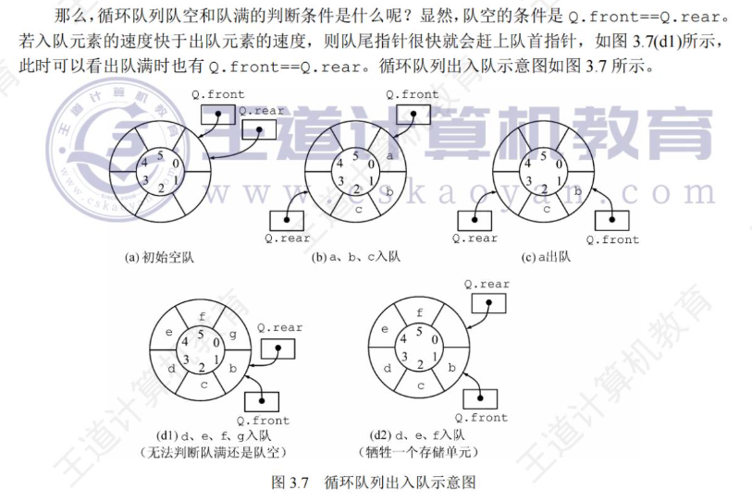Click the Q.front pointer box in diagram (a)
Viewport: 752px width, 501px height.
point(217,114)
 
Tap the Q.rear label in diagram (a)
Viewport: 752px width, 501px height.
point(262,111)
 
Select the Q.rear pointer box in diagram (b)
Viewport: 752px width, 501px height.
point(287,220)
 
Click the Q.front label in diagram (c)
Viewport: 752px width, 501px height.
point(612,239)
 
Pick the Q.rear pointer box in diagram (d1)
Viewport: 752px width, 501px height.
point(277,348)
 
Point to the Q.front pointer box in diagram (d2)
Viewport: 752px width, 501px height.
point(480,399)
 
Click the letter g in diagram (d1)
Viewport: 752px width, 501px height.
point(232,335)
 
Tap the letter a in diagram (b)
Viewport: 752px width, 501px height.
point(389,156)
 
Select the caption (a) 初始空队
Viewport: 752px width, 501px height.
point(159,258)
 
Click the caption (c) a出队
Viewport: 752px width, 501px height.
point(546,257)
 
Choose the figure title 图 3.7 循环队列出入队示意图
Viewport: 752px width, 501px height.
point(374,482)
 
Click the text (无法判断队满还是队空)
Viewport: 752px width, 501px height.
point(214,452)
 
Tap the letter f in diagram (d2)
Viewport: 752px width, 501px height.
point(420,312)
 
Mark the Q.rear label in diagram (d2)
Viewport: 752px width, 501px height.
point(487,285)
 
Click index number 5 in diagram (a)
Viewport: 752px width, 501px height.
point(160,155)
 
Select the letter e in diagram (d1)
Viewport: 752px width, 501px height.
point(169,332)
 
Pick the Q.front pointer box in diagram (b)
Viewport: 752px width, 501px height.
point(413,114)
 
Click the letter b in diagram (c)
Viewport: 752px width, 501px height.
point(578,191)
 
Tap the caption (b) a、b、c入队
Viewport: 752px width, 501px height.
point(355,257)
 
